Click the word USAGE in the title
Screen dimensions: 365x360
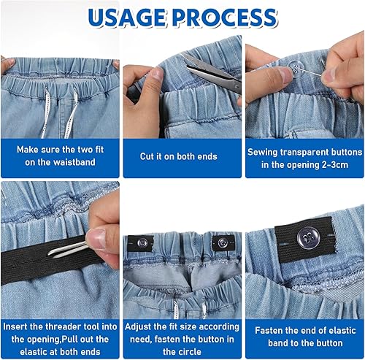click(126, 18)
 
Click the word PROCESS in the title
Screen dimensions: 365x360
click(224, 18)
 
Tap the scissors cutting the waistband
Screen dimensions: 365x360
click(212, 73)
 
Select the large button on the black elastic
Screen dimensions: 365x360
click(308, 238)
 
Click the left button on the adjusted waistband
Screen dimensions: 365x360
click(142, 242)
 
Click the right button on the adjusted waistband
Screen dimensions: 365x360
click(223, 242)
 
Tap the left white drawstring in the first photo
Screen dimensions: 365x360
click(45, 112)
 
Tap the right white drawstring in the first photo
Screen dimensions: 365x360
click(72, 112)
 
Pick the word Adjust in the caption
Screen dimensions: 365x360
click(138, 327)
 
